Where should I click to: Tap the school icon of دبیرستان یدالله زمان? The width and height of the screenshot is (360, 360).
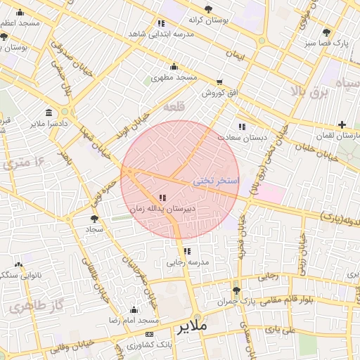(163, 198)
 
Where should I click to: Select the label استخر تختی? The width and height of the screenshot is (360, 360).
(217, 181)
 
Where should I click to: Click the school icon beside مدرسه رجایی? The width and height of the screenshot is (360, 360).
(186, 251)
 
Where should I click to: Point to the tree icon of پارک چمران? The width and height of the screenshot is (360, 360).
(236, 290)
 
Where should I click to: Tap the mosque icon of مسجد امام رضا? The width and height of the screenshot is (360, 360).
(134, 309)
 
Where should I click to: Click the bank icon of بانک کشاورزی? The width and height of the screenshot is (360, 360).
(148, 334)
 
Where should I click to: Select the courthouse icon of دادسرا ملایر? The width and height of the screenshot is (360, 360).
(49, 113)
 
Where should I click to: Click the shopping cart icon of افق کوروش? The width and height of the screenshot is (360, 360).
(219, 82)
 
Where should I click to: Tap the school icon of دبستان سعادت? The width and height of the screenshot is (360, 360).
(242, 127)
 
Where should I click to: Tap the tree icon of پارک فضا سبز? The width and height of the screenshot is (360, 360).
(326, 32)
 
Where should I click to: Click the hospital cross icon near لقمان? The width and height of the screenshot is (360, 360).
(342, 124)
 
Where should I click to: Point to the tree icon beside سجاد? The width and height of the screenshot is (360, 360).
(94, 219)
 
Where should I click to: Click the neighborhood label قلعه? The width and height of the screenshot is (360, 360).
(173, 108)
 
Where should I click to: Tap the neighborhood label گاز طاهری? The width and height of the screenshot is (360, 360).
(33, 307)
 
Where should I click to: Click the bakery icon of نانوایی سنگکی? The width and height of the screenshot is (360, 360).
(18, 265)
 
